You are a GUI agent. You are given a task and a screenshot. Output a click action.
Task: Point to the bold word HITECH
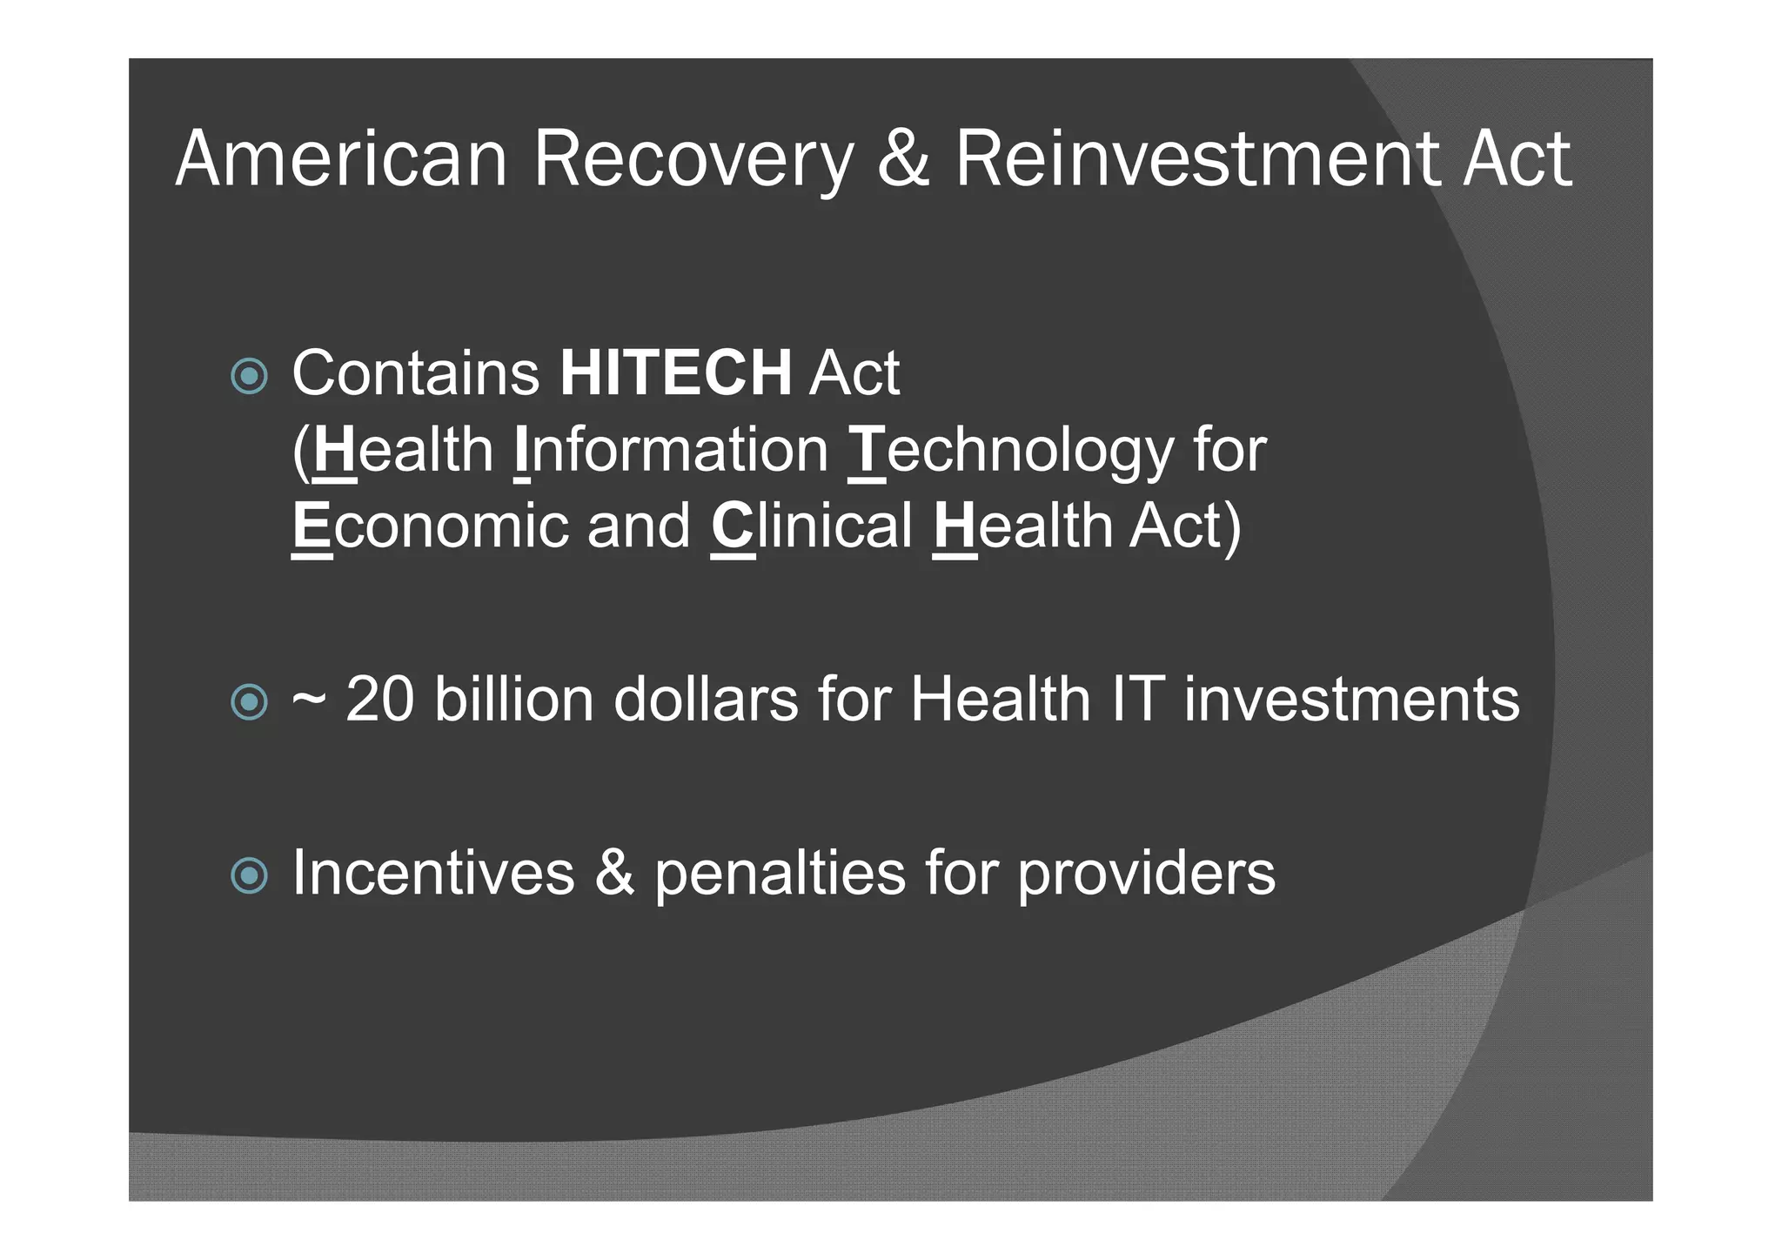coord(675,373)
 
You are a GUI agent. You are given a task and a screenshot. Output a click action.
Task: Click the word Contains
coord(416,373)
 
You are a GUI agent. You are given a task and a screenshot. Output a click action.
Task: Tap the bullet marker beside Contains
coord(250,376)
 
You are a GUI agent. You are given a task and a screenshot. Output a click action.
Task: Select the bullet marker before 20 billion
coord(250,701)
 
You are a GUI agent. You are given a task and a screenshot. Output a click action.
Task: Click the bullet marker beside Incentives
coord(250,875)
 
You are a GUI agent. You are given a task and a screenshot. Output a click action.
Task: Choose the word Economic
coord(430,526)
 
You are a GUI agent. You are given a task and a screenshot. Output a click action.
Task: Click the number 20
coord(379,699)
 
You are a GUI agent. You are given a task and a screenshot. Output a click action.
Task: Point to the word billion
coord(513,699)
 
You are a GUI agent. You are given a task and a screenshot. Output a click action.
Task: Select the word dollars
coord(706,699)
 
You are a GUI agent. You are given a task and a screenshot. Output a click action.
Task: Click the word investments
coord(1351,699)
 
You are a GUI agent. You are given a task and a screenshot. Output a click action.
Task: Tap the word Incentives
coord(433,873)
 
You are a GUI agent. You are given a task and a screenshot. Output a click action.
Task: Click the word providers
coord(1146,875)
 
